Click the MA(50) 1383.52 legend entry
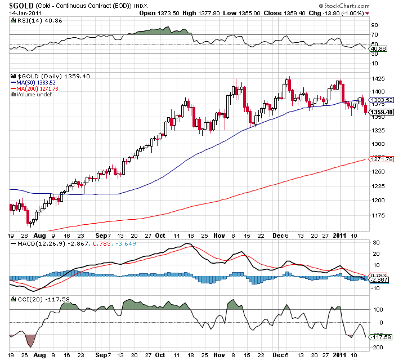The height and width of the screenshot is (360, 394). click(x=38, y=82)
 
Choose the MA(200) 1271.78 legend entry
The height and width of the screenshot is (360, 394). click(x=39, y=88)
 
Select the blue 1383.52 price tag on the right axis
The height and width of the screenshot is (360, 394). click(x=378, y=100)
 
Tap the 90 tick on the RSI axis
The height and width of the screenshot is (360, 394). click(x=373, y=25)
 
